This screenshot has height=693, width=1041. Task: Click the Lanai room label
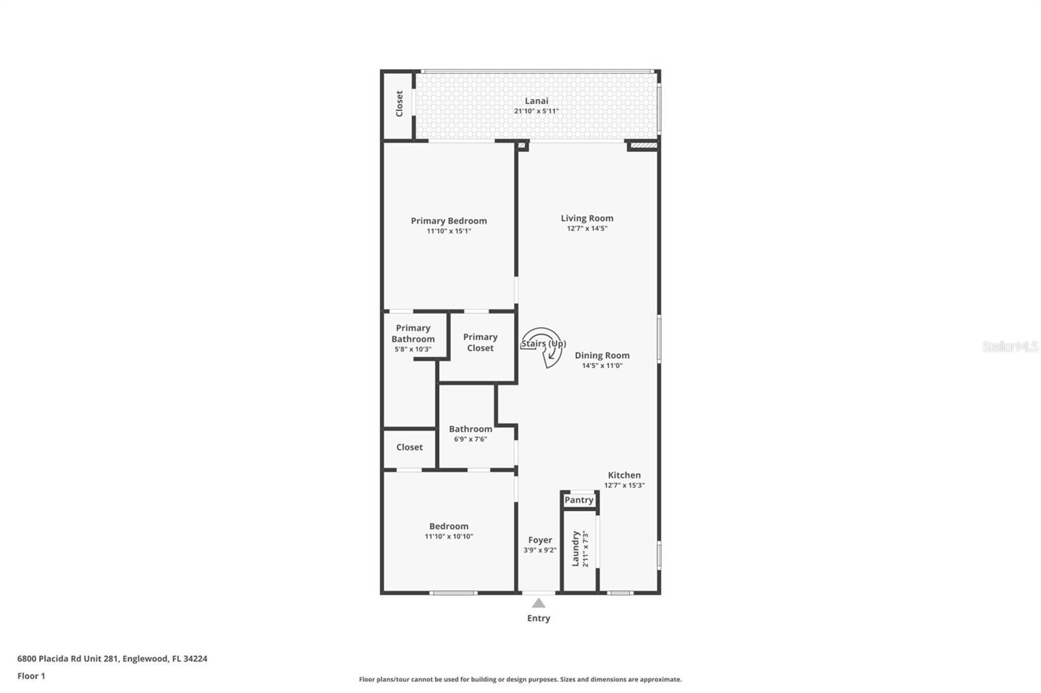click(x=537, y=101)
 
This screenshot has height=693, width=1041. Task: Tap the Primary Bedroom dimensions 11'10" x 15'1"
click(x=449, y=231)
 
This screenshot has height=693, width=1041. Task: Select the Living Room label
click(x=587, y=218)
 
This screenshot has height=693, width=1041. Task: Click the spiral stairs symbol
click(x=544, y=347)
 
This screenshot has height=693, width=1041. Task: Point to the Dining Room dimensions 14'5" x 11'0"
click(x=602, y=365)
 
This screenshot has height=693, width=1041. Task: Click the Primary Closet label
click(x=480, y=343)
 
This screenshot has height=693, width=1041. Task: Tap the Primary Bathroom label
click(x=413, y=333)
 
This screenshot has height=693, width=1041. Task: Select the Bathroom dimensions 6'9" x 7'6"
click(x=470, y=439)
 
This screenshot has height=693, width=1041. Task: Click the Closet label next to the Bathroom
click(x=409, y=447)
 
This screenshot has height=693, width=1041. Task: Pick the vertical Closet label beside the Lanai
click(x=399, y=104)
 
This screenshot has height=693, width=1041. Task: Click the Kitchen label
click(x=624, y=475)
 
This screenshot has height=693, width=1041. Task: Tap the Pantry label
click(x=579, y=500)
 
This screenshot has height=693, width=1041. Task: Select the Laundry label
click(x=576, y=549)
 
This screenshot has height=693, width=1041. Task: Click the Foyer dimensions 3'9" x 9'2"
click(x=540, y=550)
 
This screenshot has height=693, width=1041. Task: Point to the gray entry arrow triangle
click(x=539, y=603)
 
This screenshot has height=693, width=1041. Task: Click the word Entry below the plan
click(x=539, y=618)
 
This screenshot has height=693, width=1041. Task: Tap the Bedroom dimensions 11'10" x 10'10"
click(x=449, y=536)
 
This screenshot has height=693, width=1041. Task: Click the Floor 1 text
click(x=31, y=676)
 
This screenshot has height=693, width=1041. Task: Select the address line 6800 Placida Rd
click(x=112, y=659)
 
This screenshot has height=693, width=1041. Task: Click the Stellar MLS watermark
click(x=1010, y=346)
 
